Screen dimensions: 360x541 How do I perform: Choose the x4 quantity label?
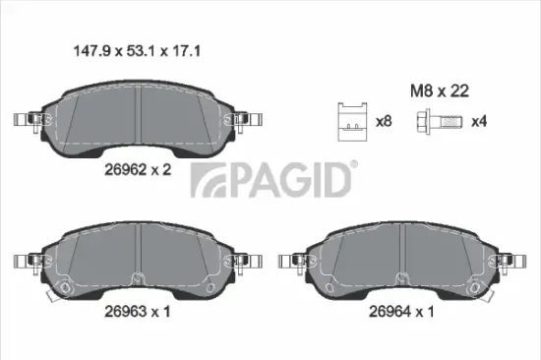point(479,122)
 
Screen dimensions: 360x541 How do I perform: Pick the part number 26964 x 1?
point(402,313)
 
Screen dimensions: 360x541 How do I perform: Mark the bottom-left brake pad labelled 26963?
point(140,260)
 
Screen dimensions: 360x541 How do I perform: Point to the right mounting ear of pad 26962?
point(251,120)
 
